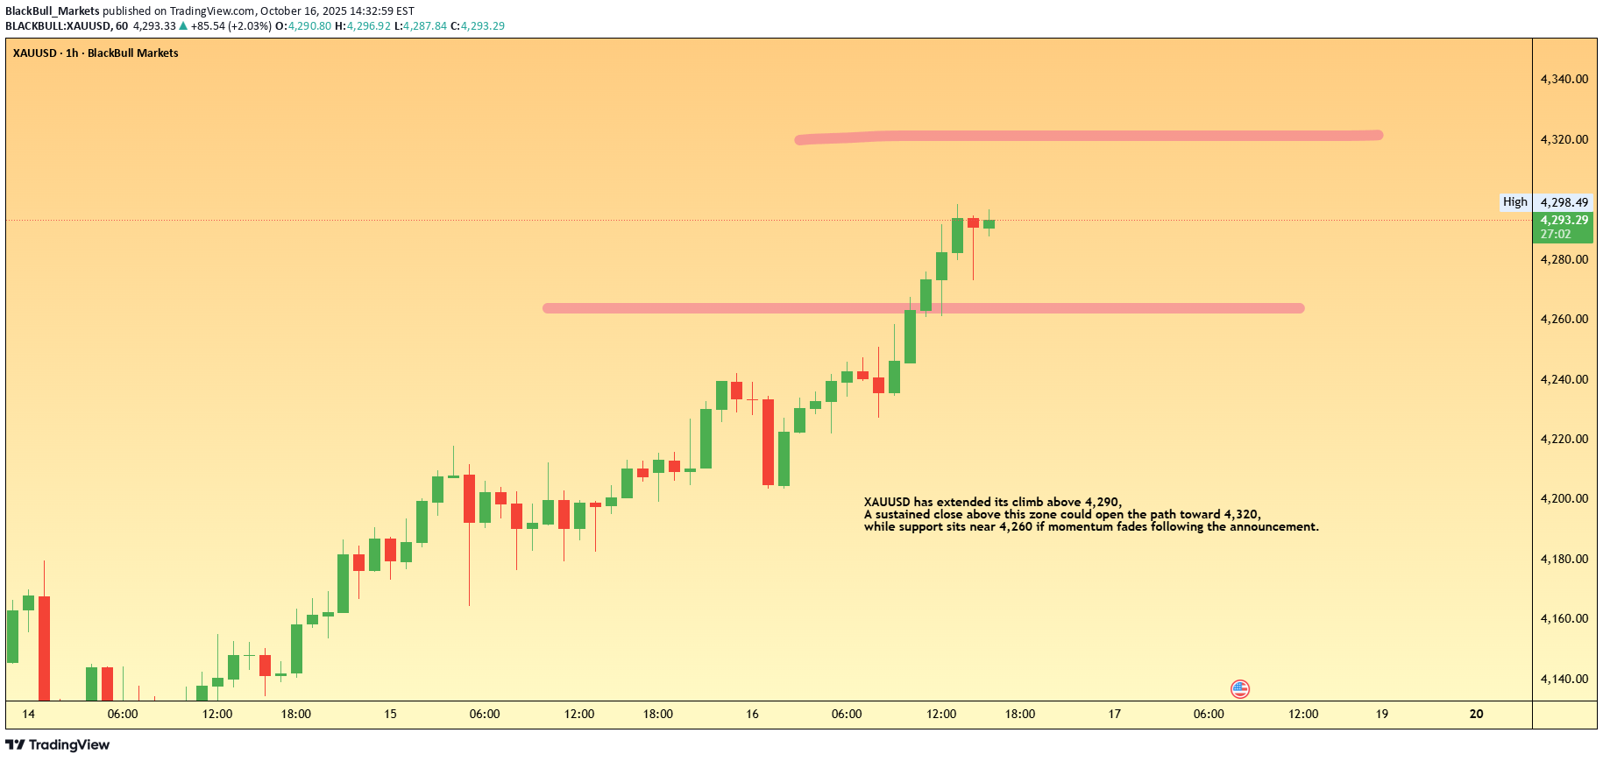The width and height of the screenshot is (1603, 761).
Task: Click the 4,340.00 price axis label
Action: coord(1564,79)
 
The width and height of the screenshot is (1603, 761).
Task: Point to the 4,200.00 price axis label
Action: coord(1564,498)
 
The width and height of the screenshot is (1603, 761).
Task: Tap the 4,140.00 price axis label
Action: coord(1564,679)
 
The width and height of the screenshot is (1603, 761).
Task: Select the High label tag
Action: coord(1514,201)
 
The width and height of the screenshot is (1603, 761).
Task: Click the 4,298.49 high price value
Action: coord(1564,202)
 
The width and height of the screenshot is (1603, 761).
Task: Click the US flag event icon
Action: coord(1239,689)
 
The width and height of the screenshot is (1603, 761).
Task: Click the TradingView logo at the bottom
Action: coord(58,744)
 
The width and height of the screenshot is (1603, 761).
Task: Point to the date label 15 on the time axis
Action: coord(390,714)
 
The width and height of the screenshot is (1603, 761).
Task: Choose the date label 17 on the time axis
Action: coord(1114,714)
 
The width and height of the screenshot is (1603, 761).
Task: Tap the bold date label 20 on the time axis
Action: coord(1476,714)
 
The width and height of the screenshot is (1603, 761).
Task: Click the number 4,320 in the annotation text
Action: coord(1241,514)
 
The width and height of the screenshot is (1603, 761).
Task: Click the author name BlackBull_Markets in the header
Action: coord(53,11)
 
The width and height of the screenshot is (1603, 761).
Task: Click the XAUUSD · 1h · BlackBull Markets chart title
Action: coord(96,53)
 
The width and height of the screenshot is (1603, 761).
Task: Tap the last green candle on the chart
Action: coord(989,224)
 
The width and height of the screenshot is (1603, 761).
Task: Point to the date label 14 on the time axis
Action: coord(29,714)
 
